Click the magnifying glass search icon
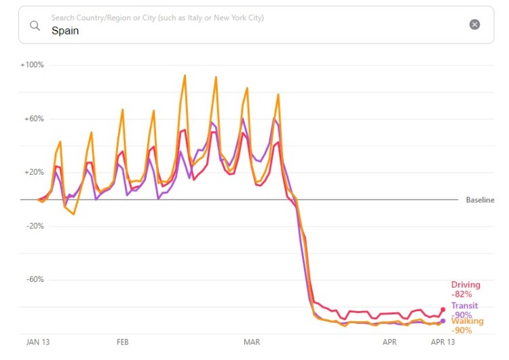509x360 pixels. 34,25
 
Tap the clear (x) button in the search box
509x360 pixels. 474,24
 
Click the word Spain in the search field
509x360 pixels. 65,31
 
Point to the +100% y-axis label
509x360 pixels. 32,65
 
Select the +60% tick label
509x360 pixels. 33,119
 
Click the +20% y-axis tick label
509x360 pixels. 33,173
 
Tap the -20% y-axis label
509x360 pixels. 33,226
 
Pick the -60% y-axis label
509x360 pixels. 33,280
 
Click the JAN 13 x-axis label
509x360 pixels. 39,343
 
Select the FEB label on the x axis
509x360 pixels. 123,343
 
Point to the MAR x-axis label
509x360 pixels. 252,343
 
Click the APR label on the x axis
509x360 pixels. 389,343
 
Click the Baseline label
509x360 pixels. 480,200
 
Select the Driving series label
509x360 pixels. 466,285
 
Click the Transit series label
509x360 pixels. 464,306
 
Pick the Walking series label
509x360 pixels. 467,321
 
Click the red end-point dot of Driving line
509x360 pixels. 443,310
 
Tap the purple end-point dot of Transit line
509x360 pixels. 443,321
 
